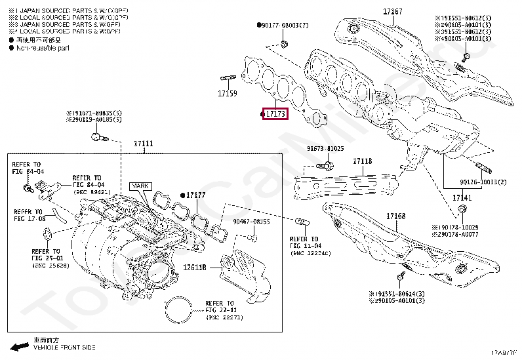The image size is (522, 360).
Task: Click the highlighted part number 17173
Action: pyautogui.click(x=275, y=114)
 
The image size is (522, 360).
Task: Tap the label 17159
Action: pyautogui.click(x=227, y=94)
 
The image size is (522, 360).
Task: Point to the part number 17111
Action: pyautogui.click(x=144, y=144)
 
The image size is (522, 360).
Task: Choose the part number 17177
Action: pyautogui.click(x=195, y=195)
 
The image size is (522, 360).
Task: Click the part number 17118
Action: pyautogui.click(x=363, y=161)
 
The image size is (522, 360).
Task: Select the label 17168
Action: pyautogui.click(x=395, y=216)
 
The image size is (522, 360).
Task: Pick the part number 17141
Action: pyautogui.click(x=462, y=197)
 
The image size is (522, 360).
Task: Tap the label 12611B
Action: pyautogui.click(x=195, y=268)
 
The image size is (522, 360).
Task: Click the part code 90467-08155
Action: pyautogui.click(x=253, y=222)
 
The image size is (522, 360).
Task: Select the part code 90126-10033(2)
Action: pyautogui.click(x=483, y=182)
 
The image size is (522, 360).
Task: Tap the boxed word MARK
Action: pyautogui.click(x=140, y=186)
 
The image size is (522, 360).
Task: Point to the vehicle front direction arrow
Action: pyautogui.click(x=19, y=345)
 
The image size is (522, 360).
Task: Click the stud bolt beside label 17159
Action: pyautogui.click(x=229, y=79)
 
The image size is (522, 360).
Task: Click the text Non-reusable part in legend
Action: pyautogui.click(x=43, y=48)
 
